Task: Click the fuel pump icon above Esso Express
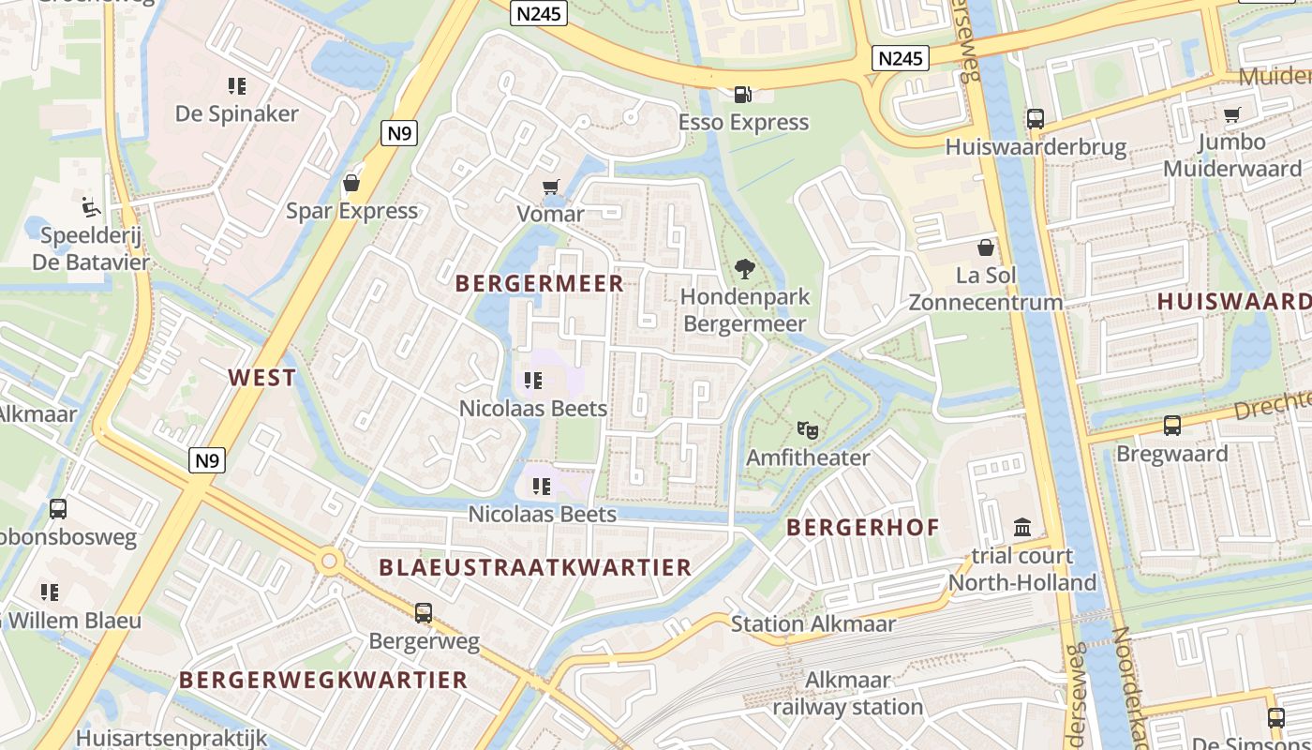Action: coord(743,95)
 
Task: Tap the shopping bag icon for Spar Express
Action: coord(351,182)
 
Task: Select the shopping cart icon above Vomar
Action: coord(550,187)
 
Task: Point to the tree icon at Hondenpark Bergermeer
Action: coord(745,269)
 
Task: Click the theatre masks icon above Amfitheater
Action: coord(808,430)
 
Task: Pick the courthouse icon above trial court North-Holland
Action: coord(1021,528)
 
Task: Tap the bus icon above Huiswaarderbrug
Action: coord(1035,119)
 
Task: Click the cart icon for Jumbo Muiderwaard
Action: coord(1231,114)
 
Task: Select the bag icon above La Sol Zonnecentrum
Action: coord(985,247)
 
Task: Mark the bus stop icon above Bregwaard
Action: coord(1171,426)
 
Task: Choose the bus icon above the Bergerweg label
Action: coord(424,613)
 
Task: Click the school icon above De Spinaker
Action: coord(237,86)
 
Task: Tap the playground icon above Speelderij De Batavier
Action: coord(91,207)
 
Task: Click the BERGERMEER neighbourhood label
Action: coord(539,283)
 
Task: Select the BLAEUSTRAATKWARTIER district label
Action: coord(535,567)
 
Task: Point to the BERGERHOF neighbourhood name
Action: coord(862,527)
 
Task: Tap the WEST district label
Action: coord(262,378)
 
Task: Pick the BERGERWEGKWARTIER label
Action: coord(323,680)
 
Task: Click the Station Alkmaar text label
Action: coord(813,623)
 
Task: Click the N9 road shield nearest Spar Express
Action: coord(399,133)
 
